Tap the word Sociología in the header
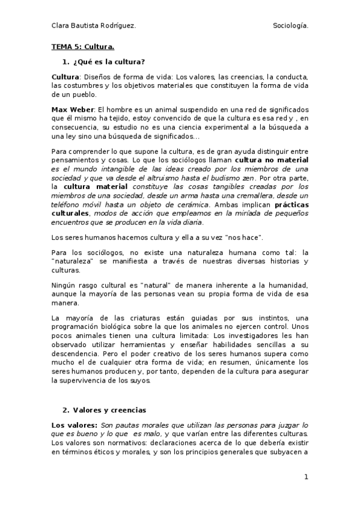click(x=290, y=25)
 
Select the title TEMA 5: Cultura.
click(x=82, y=46)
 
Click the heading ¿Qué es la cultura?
click(x=109, y=62)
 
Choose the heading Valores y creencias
click(x=109, y=410)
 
